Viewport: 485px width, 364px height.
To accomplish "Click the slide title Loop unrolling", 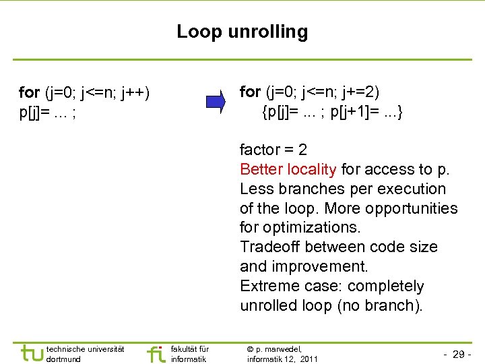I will coord(242,32).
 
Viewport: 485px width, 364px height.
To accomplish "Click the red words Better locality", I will coord(288,169).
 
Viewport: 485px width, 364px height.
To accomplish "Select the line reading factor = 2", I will coord(273,150).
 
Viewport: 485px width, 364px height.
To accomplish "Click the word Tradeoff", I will coord(268,247).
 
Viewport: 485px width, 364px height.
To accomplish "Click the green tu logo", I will coord(32,353).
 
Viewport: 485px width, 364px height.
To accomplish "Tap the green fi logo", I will coord(156,353).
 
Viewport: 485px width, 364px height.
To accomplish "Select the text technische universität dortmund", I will coord(85,354).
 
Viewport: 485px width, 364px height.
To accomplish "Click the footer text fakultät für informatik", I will coord(190,354).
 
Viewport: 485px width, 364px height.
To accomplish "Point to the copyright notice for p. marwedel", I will coord(282,354).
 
